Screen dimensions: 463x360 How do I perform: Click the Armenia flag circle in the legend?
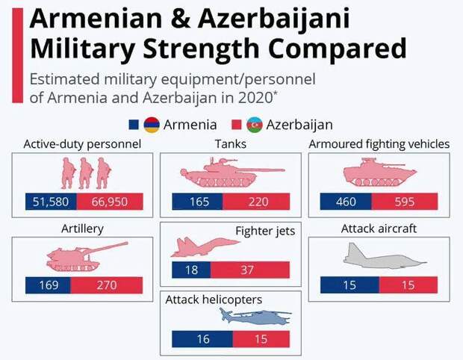(152, 125)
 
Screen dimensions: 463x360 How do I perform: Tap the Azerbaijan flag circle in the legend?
(255, 125)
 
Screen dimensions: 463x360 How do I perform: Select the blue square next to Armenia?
(134, 125)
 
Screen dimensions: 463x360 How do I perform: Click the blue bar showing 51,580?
(51, 202)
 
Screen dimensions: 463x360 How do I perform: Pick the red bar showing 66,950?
(110, 202)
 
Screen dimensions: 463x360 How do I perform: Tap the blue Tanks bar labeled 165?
(197, 202)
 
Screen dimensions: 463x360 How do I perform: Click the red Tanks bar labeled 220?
(256, 202)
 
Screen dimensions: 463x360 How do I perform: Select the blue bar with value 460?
(346, 202)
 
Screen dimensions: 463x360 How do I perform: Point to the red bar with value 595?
(405, 202)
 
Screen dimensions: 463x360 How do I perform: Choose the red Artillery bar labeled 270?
(107, 285)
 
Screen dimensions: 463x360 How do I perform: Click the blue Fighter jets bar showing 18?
(191, 270)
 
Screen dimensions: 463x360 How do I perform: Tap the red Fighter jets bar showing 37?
(250, 270)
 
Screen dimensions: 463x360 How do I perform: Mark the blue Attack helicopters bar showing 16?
(202, 339)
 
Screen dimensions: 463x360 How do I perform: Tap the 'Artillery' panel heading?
(82, 229)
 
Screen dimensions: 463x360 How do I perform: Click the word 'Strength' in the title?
(201, 49)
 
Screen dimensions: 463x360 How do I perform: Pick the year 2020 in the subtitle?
(255, 98)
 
